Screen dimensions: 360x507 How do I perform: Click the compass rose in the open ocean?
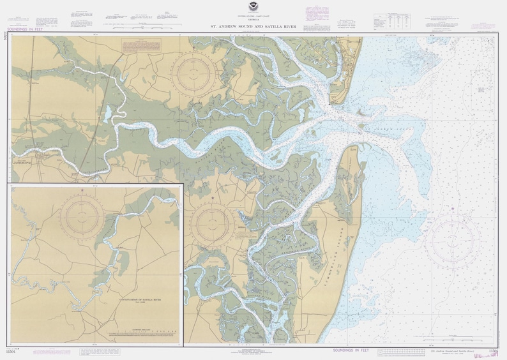click(452, 242)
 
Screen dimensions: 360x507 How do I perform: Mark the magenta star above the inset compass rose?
click(82, 190)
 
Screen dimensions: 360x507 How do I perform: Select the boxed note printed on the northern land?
click(142, 45)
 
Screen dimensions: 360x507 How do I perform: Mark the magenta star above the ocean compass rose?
click(452, 208)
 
